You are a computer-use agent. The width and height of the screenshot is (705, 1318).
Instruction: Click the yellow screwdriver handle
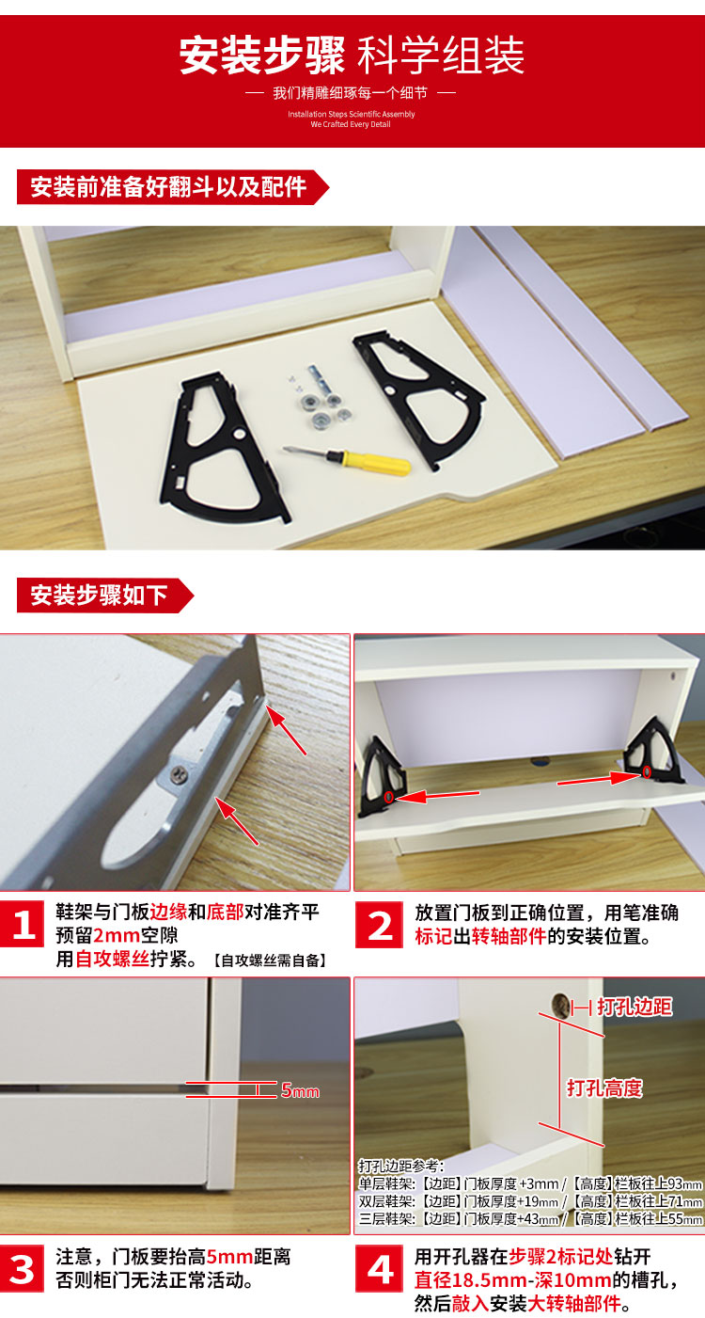point(376,463)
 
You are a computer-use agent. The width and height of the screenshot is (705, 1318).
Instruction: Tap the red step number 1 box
point(23,925)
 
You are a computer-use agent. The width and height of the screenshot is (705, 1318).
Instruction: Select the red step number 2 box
point(379,925)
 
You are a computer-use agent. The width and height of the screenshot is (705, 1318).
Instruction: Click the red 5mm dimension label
point(300,1091)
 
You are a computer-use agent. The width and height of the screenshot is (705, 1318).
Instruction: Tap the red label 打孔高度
point(604,1088)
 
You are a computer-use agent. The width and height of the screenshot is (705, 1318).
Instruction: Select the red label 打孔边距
point(634,1007)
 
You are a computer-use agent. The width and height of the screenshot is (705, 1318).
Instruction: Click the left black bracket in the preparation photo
point(224,447)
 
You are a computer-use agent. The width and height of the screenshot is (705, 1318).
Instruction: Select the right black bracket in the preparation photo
point(418,399)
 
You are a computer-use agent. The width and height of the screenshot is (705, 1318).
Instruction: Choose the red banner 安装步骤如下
point(105,595)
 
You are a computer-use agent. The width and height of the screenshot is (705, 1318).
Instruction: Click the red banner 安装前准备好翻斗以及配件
point(173,187)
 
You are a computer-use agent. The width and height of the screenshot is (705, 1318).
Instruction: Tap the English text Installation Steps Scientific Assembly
point(351,114)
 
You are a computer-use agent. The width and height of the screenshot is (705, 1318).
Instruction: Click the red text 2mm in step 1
point(117,935)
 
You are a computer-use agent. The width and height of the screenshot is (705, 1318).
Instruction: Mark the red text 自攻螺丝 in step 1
point(112,959)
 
